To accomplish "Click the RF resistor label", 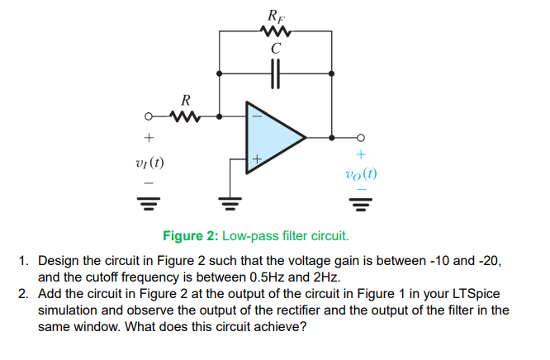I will pos(274,14).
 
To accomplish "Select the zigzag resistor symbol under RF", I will pos(274,31).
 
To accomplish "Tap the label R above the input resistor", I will pos(187,100).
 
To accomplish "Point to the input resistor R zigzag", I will pos(187,116).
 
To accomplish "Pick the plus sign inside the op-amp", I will pos(257,157).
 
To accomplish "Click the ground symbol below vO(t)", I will pos(361,201).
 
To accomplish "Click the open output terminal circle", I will pos(361,136).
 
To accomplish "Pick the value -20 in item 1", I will pos(486,260).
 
